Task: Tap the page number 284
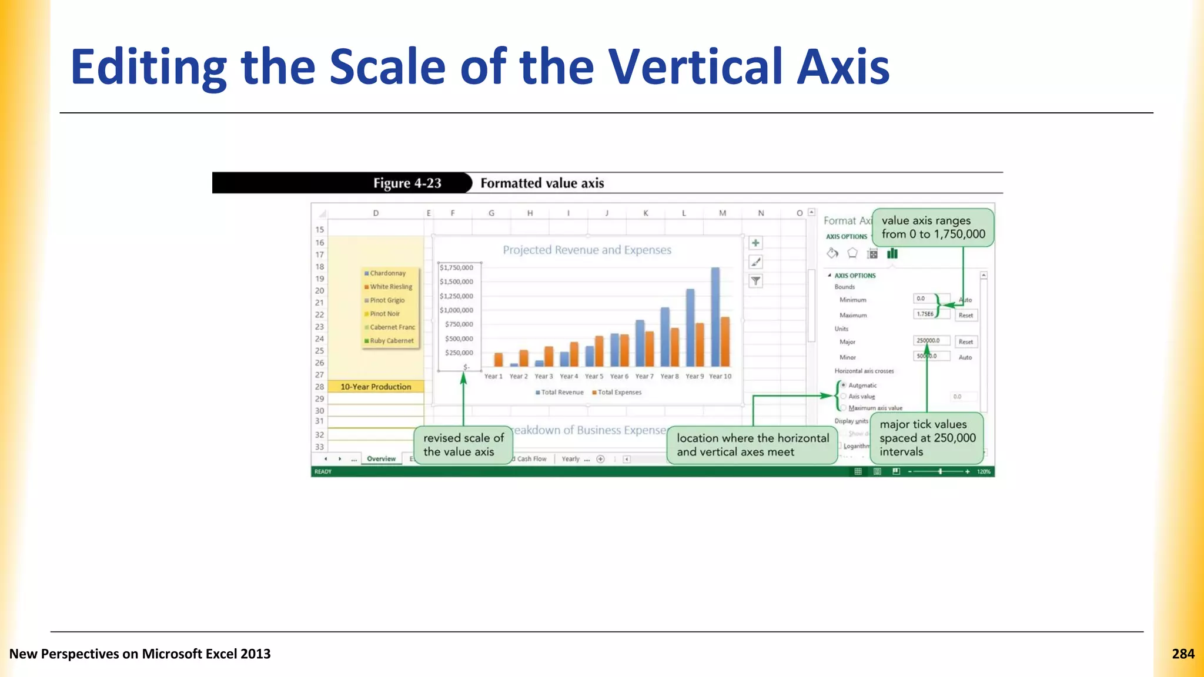click(1183, 654)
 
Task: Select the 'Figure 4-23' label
click(407, 183)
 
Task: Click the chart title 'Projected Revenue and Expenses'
click(587, 250)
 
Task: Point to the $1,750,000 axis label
click(456, 268)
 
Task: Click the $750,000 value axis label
click(459, 324)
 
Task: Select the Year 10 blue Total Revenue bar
click(715, 317)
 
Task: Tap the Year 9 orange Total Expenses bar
click(700, 345)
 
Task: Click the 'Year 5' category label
click(594, 377)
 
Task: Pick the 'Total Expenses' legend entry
click(619, 393)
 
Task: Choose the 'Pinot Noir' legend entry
click(384, 314)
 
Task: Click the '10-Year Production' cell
click(376, 387)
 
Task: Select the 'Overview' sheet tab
click(381, 459)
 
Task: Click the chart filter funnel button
click(756, 281)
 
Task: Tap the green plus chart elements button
click(756, 243)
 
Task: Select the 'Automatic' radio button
click(844, 386)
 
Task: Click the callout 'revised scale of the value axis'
click(463, 445)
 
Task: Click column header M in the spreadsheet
click(723, 213)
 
